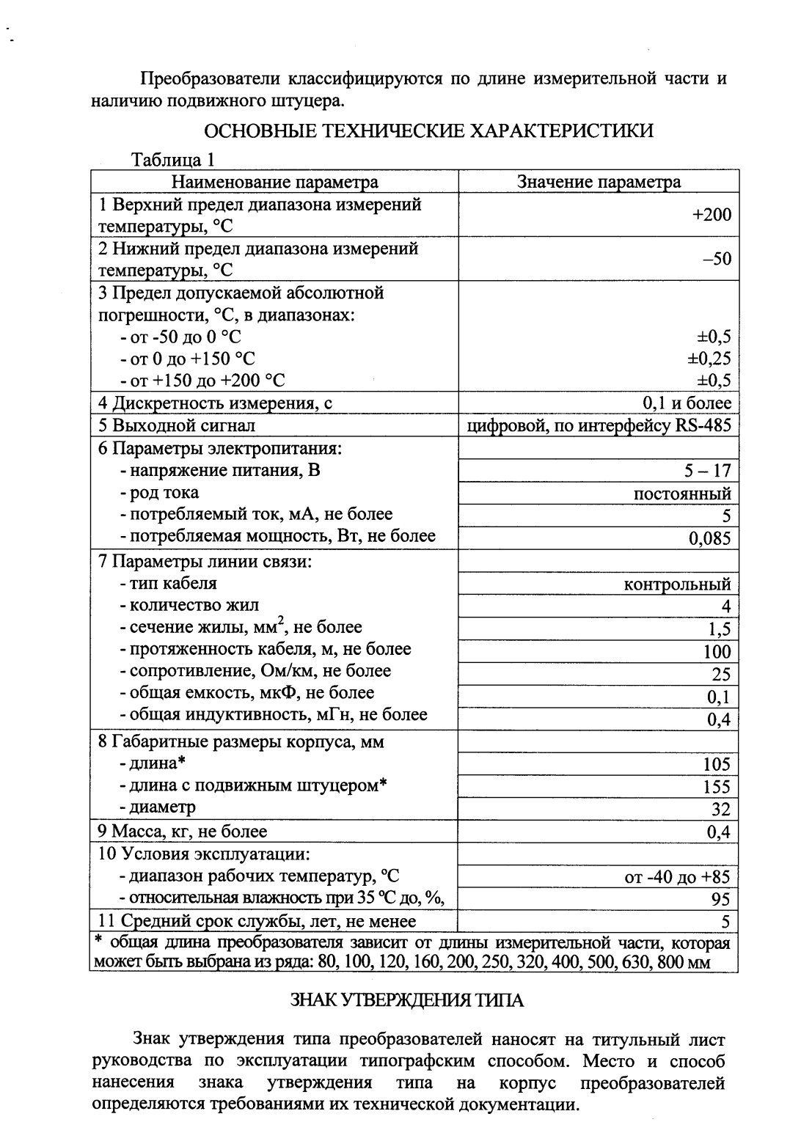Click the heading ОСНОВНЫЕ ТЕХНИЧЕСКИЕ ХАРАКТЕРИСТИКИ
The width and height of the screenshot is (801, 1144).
(428, 131)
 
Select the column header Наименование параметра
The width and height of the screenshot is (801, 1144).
(275, 182)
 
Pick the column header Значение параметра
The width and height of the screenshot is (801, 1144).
(599, 182)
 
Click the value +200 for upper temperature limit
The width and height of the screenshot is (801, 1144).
(711, 214)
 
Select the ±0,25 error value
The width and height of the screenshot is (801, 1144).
(709, 359)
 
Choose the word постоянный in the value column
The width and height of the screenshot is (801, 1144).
(682, 494)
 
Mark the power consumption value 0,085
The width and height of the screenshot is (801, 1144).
(709, 539)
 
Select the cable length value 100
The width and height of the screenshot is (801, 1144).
(717, 652)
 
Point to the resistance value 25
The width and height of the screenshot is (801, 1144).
(721, 674)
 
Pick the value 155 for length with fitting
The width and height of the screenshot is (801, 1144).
(717, 787)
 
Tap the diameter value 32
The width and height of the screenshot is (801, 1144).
(721, 809)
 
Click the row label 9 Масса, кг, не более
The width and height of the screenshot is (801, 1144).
(183, 831)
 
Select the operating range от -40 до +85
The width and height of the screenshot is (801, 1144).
(677, 877)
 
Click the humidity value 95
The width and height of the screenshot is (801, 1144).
(721, 899)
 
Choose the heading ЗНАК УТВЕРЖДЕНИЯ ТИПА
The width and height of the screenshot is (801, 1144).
(407, 1000)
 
